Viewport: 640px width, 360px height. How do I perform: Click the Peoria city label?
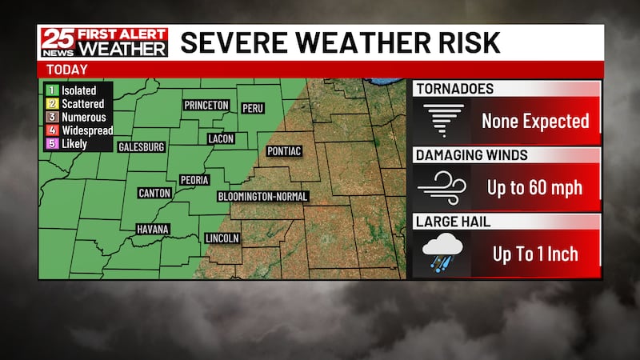coord(195,180)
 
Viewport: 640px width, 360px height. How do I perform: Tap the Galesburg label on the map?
coord(141,147)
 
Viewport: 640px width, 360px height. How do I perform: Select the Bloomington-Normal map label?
coord(262,196)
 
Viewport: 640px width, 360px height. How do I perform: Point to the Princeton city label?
coord(206,106)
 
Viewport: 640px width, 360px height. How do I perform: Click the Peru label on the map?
coord(252,108)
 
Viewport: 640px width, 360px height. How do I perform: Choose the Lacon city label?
coord(221,138)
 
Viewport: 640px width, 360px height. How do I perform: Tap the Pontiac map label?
coord(284,151)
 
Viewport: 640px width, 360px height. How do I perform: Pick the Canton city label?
coord(154,193)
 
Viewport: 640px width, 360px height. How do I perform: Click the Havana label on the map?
coord(152,230)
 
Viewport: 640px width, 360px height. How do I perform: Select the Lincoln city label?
coord(222,238)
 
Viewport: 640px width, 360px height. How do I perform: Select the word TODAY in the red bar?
coord(67,70)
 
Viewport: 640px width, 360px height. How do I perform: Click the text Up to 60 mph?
coord(534,188)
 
